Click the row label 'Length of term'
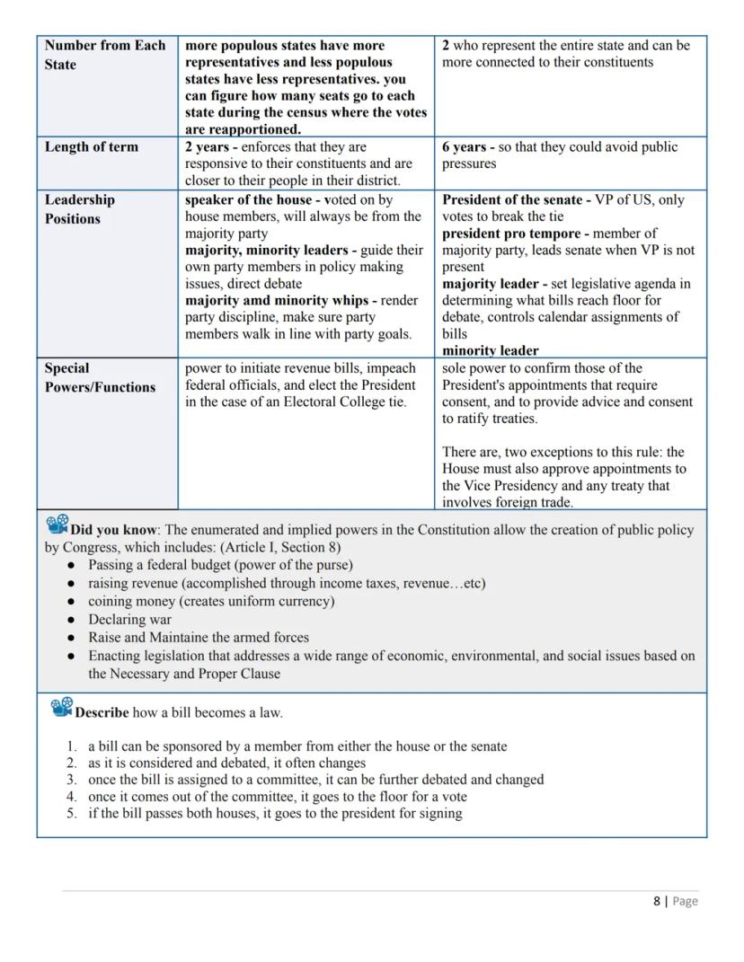pyautogui.click(x=92, y=147)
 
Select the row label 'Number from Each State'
pyautogui.click(x=104, y=55)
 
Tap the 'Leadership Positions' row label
pyautogui.click(x=80, y=209)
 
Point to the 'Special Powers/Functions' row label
pyautogui.click(x=100, y=377)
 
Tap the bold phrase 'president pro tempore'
pyautogui.click(x=510, y=234)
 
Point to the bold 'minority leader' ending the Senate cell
pyautogui.click(x=491, y=350)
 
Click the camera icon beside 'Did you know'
pyautogui.click(x=58, y=525)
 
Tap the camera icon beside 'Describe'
pyautogui.click(x=62, y=708)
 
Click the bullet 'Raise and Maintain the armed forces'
pyautogui.click(x=198, y=637)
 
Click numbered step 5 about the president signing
pyautogui.click(x=275, y=813)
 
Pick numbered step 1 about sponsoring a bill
pyautogui.click(x=297, y=746)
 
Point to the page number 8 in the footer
pyautogui.click(x=656, y=901)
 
